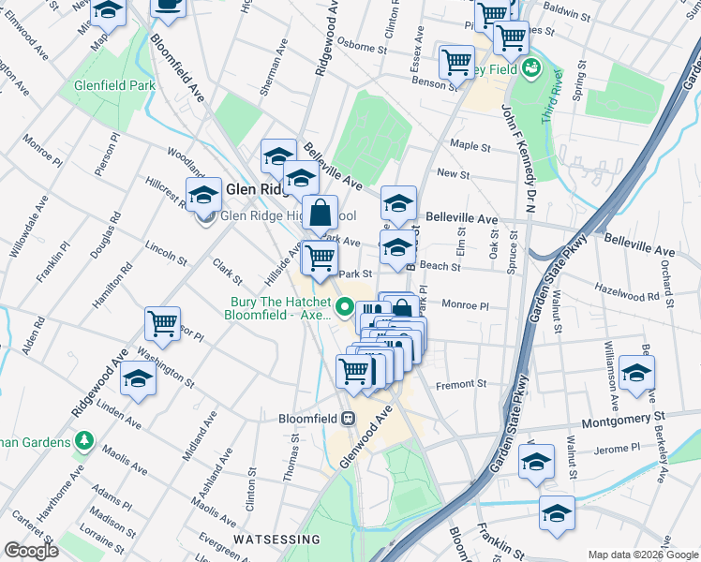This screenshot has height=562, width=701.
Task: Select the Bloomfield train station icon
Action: pos(348,418)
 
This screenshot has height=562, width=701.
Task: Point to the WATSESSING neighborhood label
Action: pos(276,540)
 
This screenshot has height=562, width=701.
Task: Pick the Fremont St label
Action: pos(460,384)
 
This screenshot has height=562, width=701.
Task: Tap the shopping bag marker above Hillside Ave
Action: pos(321,213)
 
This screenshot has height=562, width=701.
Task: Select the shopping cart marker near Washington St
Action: pos(163,324)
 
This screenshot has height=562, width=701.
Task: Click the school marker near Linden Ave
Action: pos(138,379)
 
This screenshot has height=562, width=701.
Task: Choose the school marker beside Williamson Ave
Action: pos(636,372)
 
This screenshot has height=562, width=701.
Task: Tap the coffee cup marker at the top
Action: pos(168,5)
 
